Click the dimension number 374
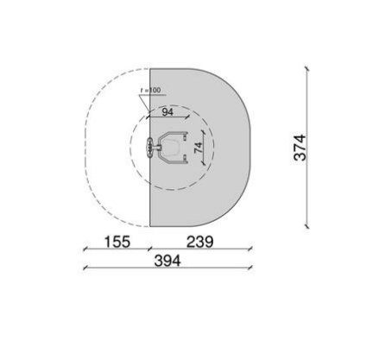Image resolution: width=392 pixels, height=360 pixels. (x=300, y=148)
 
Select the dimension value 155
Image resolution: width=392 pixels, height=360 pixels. (x=117, y=242)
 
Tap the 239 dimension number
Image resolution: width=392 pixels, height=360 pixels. (x=200, y=242)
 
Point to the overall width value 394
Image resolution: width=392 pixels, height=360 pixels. (x=168, y=261)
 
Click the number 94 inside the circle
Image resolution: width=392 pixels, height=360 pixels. (x=168, y=112)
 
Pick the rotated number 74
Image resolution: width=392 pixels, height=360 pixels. (x=199, y=148)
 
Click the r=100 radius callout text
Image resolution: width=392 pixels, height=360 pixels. (x=151, y=90)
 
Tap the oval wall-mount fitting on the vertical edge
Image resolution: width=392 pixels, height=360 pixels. (x=149, y=148)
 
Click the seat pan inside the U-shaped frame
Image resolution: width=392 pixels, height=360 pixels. (x=171, y=148)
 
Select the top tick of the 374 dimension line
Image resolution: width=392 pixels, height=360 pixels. (x=307, y=68)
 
